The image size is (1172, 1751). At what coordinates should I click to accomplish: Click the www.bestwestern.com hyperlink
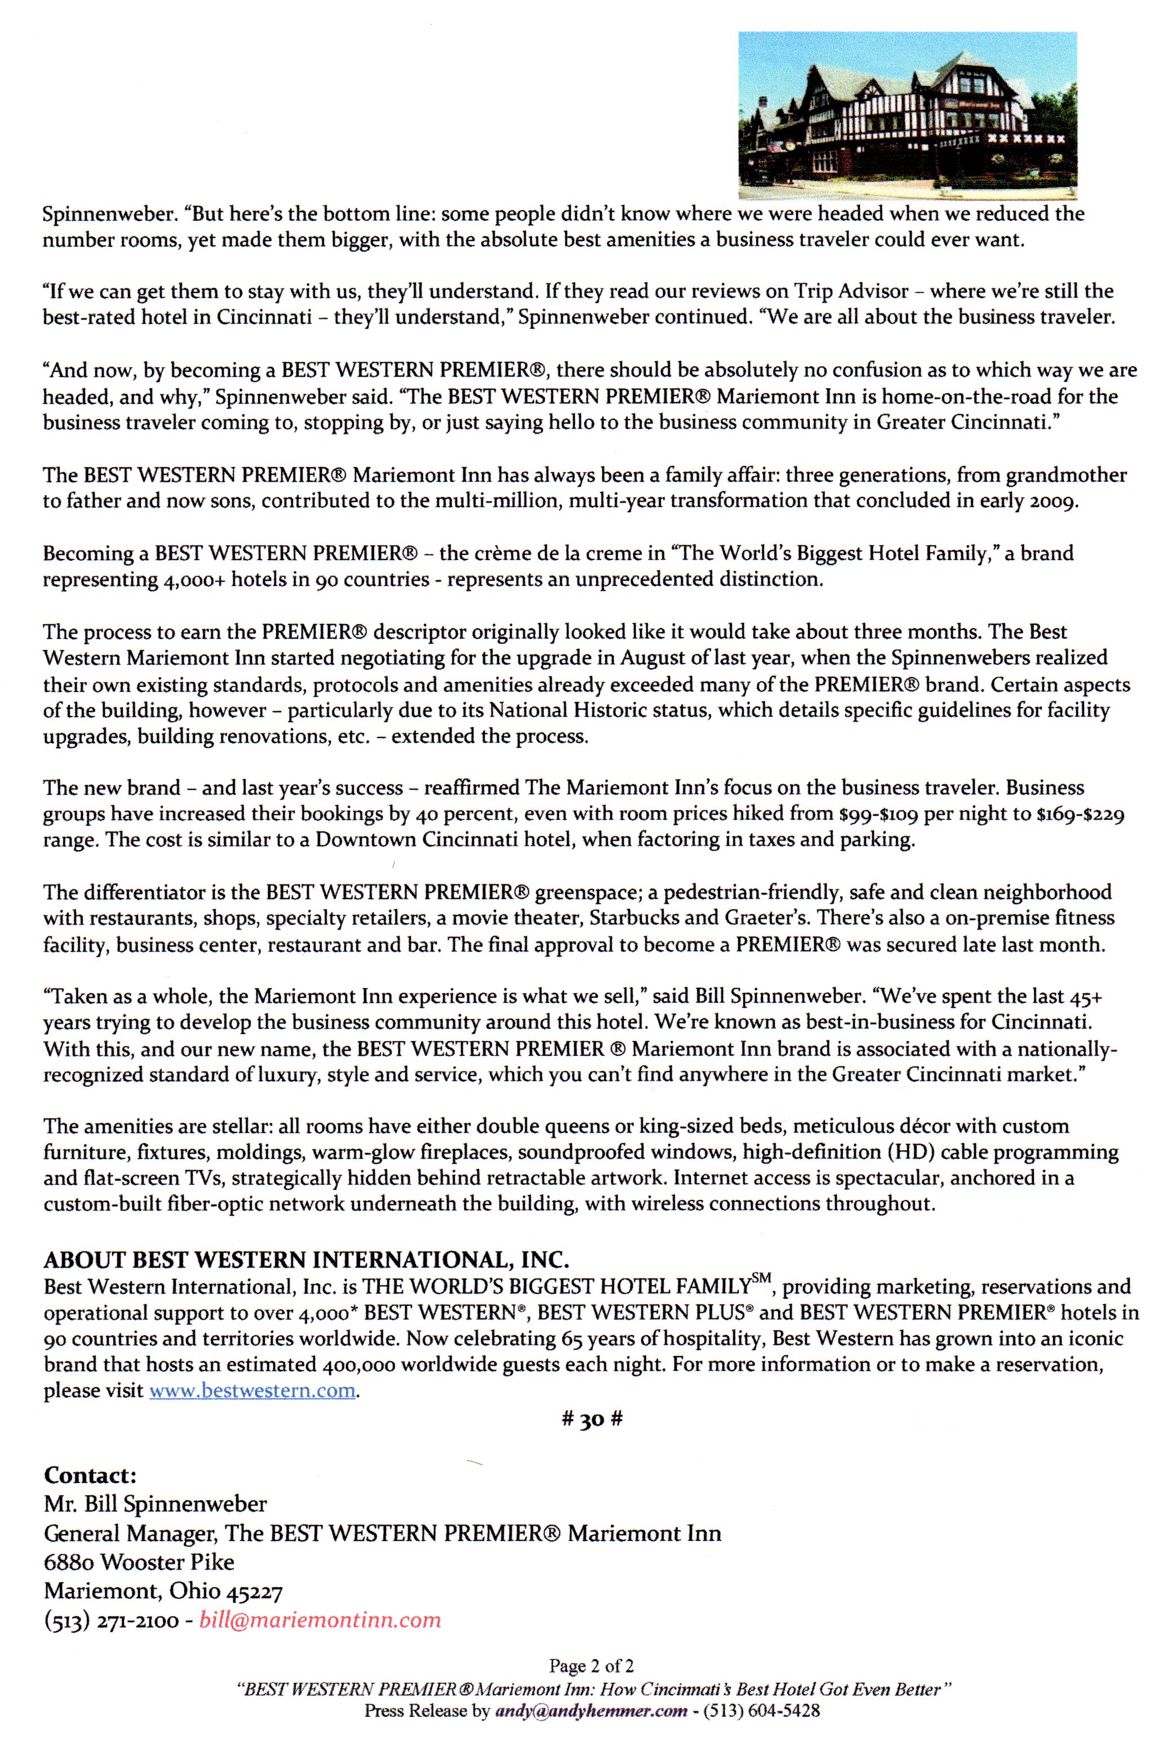(x=252, y=1390)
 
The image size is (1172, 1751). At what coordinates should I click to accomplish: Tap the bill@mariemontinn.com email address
(x=320, y=1620)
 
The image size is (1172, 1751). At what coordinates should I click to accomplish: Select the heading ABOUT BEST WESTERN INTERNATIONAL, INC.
(x=307, y=1260)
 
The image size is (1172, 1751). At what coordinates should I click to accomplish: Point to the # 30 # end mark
(x=592, y=1419)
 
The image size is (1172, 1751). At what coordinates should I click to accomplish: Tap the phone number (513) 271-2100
(x=112, y=1620)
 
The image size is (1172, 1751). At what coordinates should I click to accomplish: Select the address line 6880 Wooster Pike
(x=139, y=1562)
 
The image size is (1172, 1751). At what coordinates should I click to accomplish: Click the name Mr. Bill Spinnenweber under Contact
(x=156, y=1504)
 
